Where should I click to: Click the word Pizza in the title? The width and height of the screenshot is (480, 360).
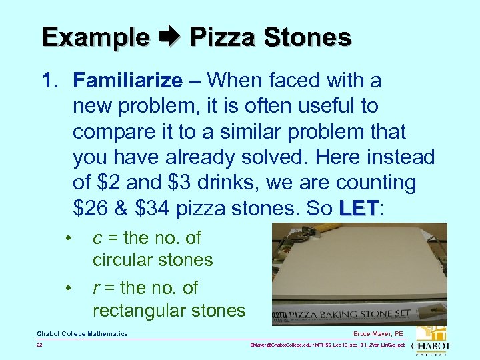pyautogui.click(x=217, y=37)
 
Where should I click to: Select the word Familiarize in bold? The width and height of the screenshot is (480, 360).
pyautogui.click(x=128, y=81)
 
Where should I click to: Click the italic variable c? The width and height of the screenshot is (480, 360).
pyautogui.click(x=97, y=238)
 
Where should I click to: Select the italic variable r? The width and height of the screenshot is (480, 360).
pyautogui.click(x=96, y=288)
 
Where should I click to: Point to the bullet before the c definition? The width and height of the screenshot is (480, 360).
pyautogui.click(x=68, y=238)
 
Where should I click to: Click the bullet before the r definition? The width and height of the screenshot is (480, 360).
pyautogui.click(x=68, y=289)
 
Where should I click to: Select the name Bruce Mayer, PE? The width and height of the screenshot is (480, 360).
pyautogui.click(x=379, y=333)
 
